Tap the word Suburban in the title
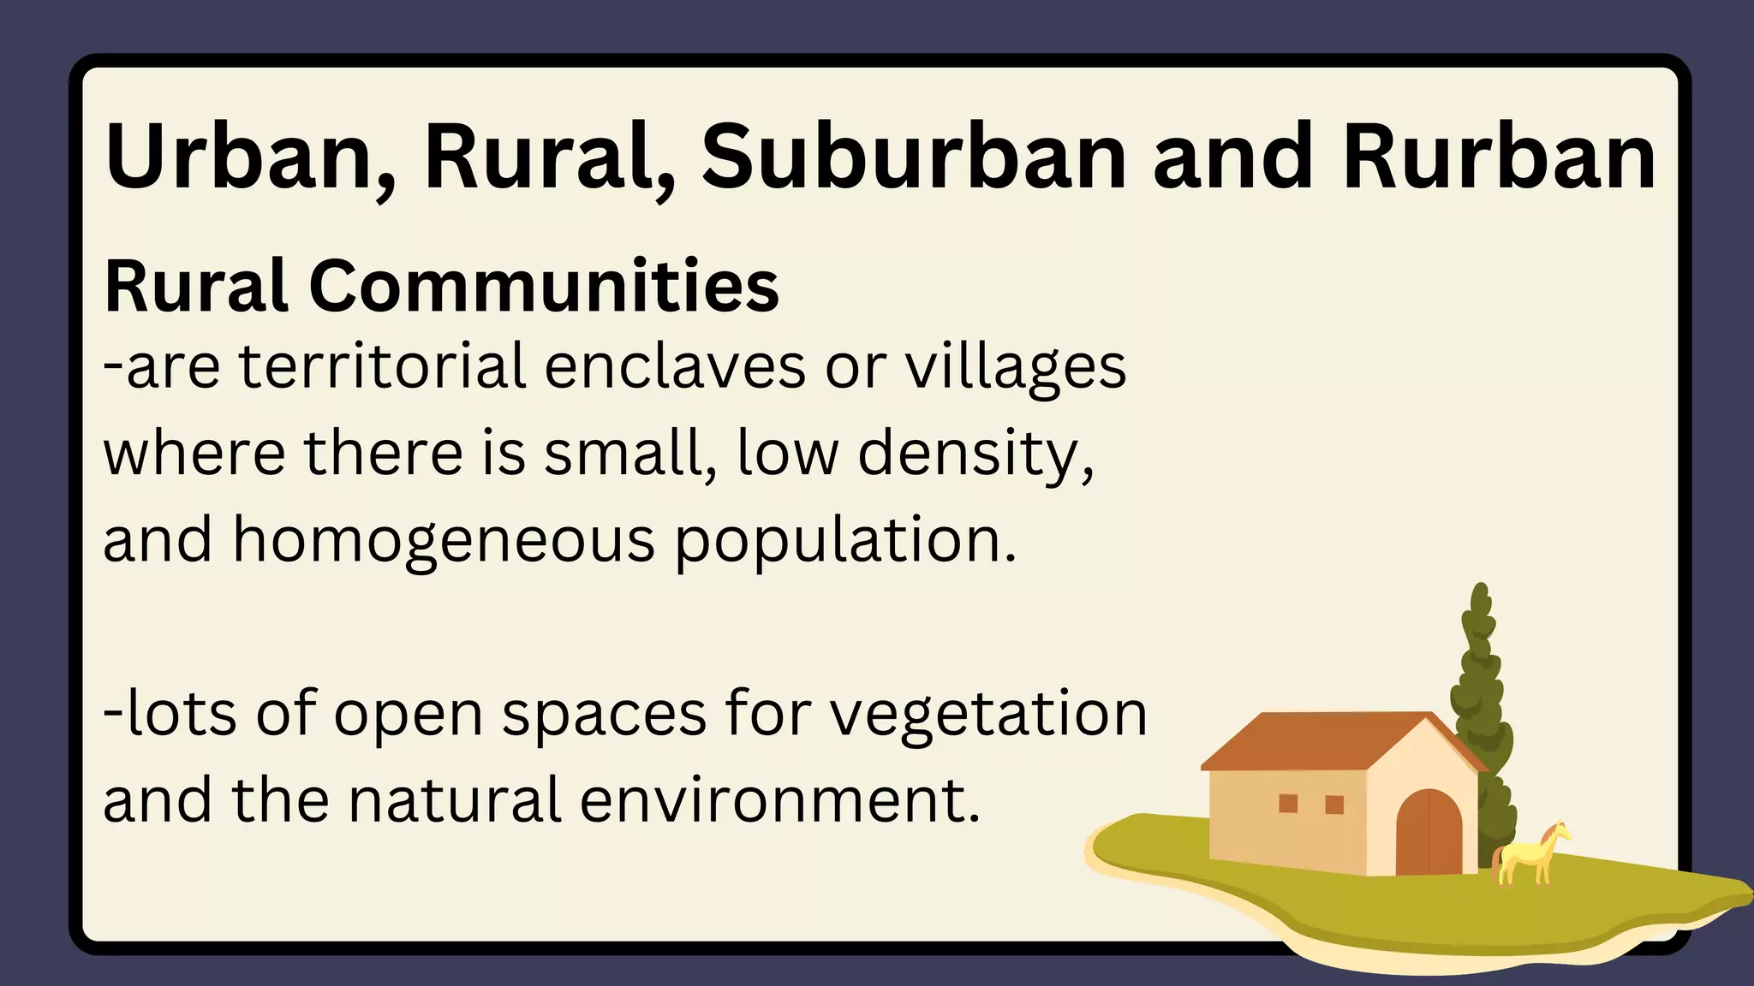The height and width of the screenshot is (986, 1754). coord(914,157)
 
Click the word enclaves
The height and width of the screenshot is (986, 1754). coord(675,366)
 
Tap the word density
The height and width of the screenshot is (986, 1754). coord(975,455)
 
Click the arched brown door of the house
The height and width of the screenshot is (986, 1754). coord(1429,834)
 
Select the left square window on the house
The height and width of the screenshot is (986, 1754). coord(1288,803)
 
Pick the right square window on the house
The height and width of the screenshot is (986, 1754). coord(1334,805)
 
